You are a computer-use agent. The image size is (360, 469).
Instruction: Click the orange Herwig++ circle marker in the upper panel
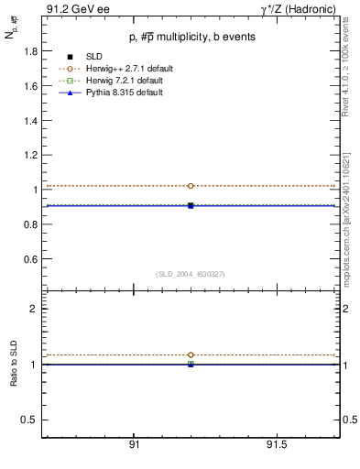191,186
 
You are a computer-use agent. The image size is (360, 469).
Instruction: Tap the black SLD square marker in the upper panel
191,205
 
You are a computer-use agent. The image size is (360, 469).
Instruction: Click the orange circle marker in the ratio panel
191,354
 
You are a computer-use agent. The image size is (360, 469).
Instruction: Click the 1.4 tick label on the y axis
31,121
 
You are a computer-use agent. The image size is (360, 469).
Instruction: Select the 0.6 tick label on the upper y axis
31,259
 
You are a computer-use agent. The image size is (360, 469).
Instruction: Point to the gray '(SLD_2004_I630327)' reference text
191,274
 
